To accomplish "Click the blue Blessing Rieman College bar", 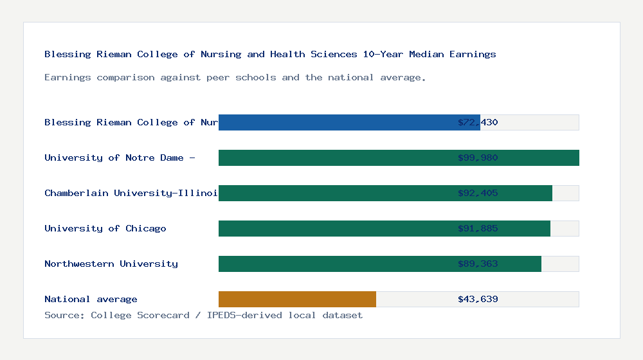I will [349, 122].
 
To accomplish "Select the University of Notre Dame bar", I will [399, 157].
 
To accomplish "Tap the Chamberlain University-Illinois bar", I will [385, 193].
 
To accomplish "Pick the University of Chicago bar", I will [385, 228].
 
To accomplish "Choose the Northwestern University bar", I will [380, 264].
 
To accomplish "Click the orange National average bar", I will [297, 299].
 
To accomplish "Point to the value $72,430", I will [478, 122].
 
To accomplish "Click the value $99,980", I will [478, 157].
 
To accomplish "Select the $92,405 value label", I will [478, 193].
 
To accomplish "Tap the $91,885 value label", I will [478, 228].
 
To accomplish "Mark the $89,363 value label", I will [478, 264].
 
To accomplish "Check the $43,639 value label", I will [478, 299].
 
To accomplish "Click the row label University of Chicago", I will [105, 228].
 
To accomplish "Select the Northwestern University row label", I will [111, 264].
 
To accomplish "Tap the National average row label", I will [91, 299].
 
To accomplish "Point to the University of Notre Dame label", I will [120, 157].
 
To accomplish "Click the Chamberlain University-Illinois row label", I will [131, 193].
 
